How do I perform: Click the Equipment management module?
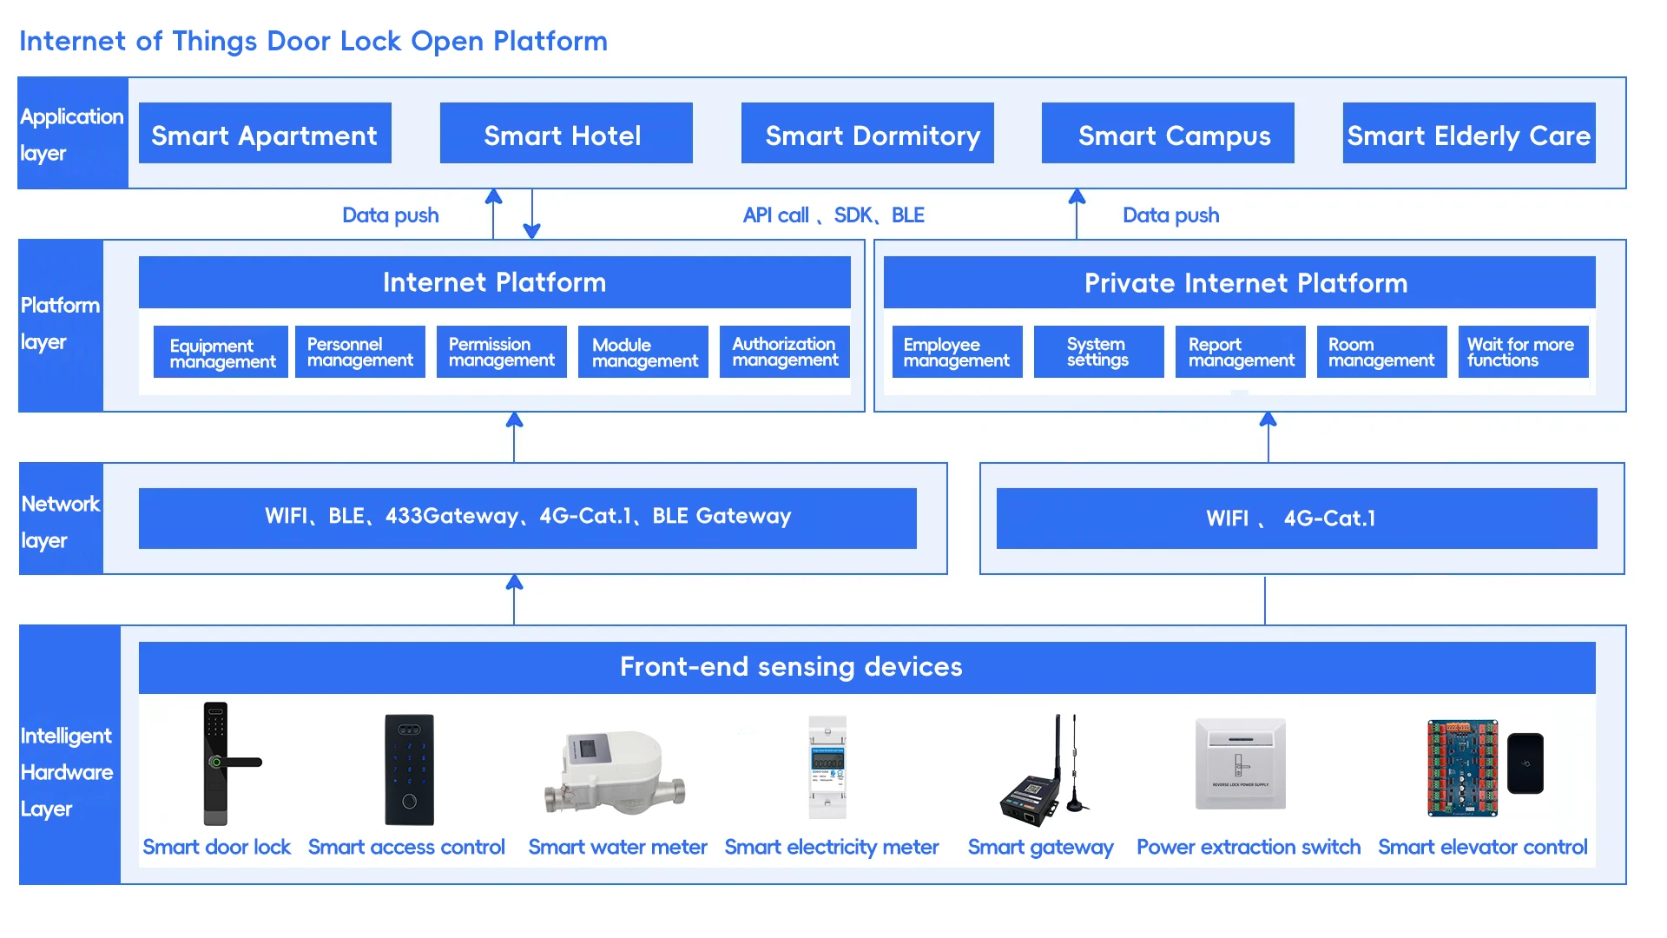tap(221, 352)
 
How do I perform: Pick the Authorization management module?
tap(784, 352)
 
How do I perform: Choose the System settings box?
tap(1098, 352)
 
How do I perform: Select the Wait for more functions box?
tap(1524, 352)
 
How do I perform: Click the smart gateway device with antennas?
tap(1043, 769)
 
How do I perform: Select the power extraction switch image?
tap(1240, 764)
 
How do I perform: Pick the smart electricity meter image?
tap(827, 767)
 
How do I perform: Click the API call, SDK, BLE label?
tap(833, 215)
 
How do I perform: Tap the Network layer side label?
tap(60, 521)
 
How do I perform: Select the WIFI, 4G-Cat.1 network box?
tap(1296, 519)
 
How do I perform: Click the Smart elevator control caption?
tap(1482, 847)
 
